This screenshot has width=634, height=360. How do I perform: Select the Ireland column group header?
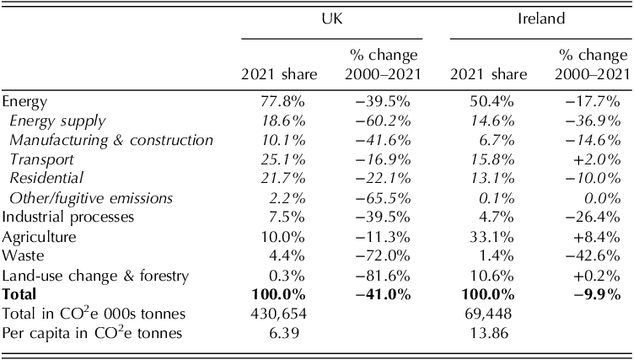(x=540, y=17)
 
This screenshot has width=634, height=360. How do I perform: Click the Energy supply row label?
(x=57, y=121)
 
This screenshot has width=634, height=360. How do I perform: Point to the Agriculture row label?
(x=39, y=237)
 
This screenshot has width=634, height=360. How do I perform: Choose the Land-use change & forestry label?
(x=94, y=276)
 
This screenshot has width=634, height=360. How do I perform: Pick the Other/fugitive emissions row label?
(x=91, y=198)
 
